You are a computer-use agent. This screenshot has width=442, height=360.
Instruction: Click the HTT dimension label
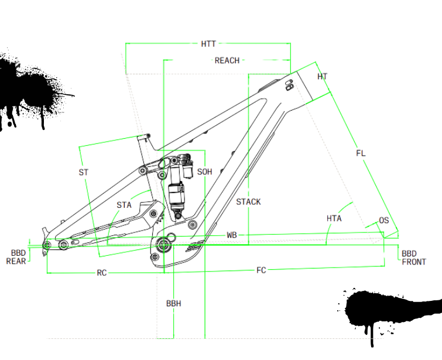point(208,44)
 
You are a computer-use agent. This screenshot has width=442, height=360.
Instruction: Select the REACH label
point(227,60)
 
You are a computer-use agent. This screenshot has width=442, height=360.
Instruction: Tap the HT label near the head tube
point(323,77)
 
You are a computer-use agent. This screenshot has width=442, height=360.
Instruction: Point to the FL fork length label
point(361,153)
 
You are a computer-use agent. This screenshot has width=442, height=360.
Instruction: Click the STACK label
point(248,202)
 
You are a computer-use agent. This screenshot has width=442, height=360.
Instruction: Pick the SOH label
point(205,172)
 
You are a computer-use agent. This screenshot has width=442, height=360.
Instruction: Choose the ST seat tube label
point(84,172)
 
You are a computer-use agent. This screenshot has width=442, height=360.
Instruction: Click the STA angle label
point(124,205)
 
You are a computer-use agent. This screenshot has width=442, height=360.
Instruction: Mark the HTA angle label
point(334,218)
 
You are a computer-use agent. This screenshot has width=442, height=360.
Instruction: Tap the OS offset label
point(384,221)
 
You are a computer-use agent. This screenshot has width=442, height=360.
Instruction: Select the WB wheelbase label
point(232,235)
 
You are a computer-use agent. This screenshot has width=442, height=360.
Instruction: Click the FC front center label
point(261,270)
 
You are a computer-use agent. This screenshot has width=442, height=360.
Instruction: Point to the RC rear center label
point(101,273)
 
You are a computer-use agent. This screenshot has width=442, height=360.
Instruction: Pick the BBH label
point(173,303)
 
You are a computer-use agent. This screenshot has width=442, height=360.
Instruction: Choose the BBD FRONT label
point(413,258)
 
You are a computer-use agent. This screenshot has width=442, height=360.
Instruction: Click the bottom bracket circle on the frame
point(163,244)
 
